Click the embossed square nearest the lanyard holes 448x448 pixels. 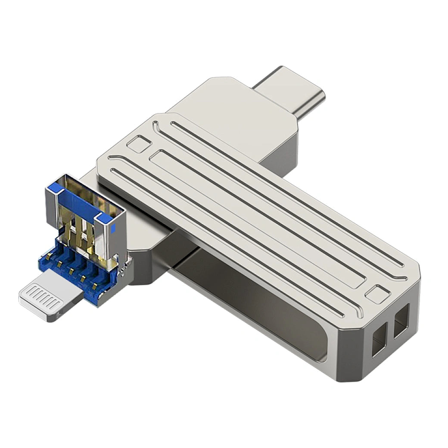point(377,294)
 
